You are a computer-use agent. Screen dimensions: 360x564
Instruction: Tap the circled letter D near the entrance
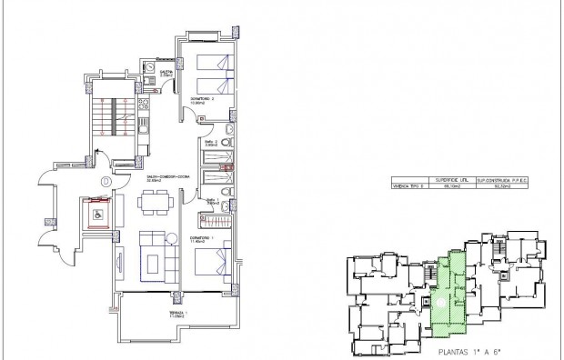pos(106,181)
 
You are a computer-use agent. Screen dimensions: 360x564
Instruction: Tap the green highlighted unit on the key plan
pos(448,291)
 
